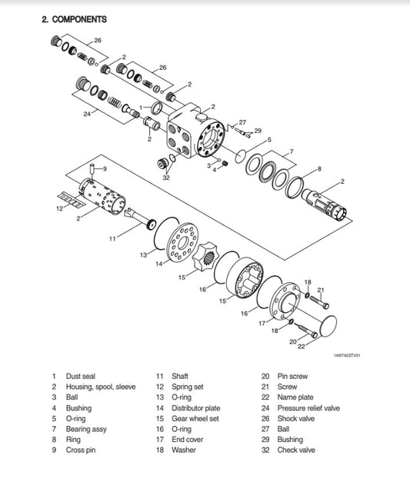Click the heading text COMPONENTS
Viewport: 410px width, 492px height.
pos(79,18)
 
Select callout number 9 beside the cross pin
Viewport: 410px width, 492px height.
pos(105,168)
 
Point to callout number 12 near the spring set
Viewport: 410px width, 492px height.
pos(58,208)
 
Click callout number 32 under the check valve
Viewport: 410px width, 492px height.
pos(166,177)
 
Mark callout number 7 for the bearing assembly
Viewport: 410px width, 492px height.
pos(291,151)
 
